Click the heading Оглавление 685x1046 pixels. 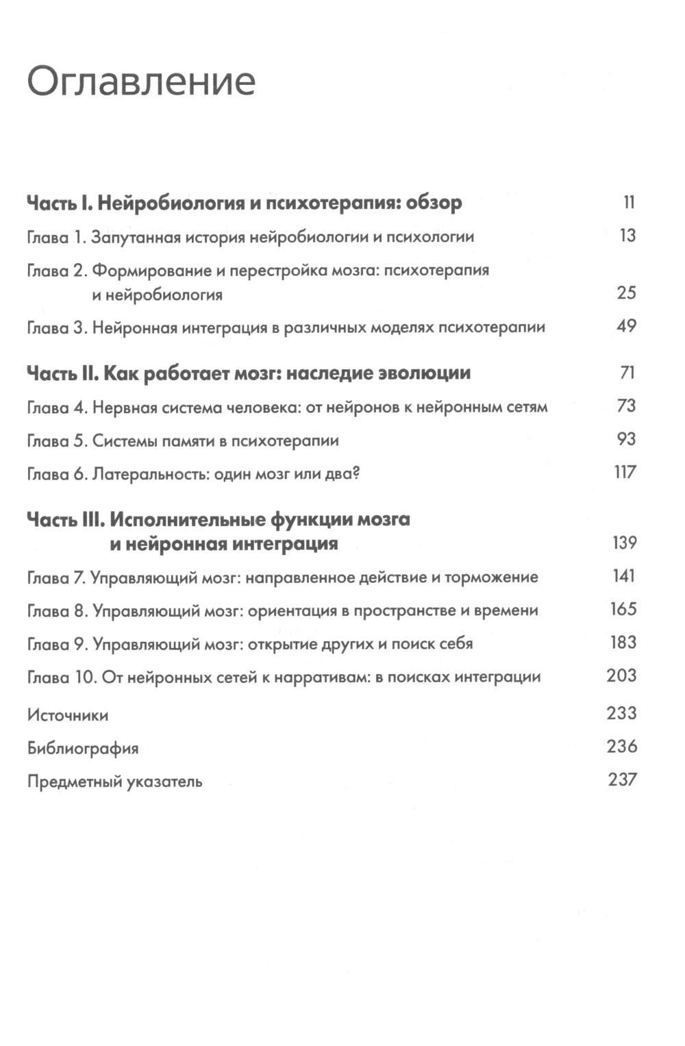141,82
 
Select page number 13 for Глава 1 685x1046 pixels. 627,236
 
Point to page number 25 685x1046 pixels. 626,293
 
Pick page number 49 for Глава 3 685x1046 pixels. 626,326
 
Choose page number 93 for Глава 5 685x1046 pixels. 626,439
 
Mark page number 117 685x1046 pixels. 625,472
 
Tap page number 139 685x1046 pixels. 624,543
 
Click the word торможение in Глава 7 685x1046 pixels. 491,577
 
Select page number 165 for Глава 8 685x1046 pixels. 623,609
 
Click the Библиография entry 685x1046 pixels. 83,749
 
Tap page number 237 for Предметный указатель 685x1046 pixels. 622,780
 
